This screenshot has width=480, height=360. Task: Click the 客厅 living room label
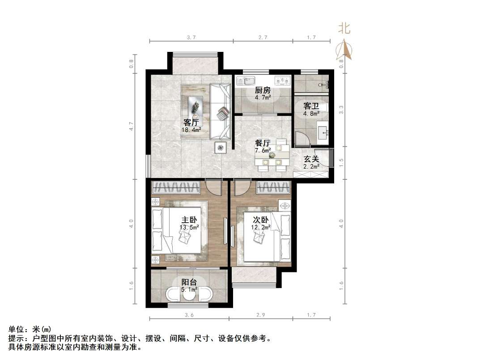[x=191, y=122]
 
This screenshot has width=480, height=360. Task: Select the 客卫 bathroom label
[x=311, y=106]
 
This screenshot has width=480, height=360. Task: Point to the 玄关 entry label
[x=312, y=159]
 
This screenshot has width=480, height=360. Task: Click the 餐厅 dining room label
[x=263, y=143]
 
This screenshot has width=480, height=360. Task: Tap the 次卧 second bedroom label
[x=261, y=220]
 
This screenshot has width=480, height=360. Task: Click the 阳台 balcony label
[x=189, y=282]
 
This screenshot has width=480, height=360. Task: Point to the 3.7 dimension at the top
[x=191, y=38]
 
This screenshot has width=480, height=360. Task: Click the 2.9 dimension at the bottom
[x=260, y=315]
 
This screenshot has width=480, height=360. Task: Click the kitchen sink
[x=245, y=81]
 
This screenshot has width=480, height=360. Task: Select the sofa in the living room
[x=220, y=111]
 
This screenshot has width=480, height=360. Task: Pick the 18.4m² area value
[x=191, y=130]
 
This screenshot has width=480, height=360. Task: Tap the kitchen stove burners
[x=282, y=81]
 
